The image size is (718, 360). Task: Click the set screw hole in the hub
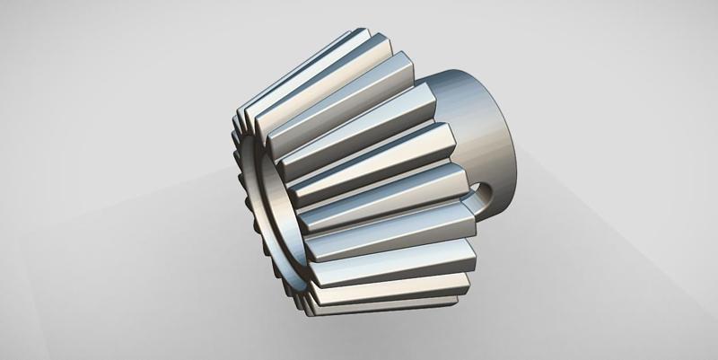[x=487, y=190]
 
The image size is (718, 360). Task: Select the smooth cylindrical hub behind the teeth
[x=485, y=126]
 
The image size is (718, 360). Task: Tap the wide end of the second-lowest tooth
[x=469, y=269]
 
